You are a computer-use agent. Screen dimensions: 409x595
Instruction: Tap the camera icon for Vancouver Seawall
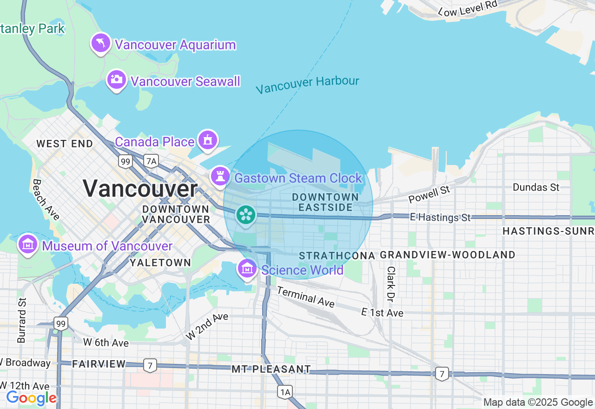(x=117, y=79)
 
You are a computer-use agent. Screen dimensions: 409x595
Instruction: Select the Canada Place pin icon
(x=207, y=140)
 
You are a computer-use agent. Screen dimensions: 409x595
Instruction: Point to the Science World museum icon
(x=247, y=269)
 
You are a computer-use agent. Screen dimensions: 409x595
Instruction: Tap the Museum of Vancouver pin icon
(x=28, y=244)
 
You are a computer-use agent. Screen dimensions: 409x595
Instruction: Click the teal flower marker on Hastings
(x=245, y=215)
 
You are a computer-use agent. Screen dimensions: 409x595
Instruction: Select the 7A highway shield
(x=151, y=161)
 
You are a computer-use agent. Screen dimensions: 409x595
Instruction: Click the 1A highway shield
(x=285, y=392)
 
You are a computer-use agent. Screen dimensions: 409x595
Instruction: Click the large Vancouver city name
(x=140, y=189)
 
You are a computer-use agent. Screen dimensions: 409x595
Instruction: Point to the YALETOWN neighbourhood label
(x=160, y=263)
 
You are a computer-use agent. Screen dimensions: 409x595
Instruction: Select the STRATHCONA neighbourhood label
(x=337, y=256)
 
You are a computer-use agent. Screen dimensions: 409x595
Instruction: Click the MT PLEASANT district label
(x=271, y=369)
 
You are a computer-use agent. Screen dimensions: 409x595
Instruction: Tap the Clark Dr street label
(x=391, y=283)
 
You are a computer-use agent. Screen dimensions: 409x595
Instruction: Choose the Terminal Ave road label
(x=306, y=297)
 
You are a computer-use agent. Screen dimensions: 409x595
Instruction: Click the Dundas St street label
(x=536, y=187)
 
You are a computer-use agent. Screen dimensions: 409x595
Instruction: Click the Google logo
(x=31, y=398)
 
